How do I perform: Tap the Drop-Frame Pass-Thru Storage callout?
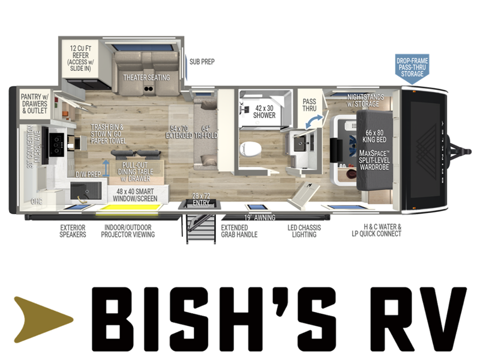tap(412, 69)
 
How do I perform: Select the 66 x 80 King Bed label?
tap(374, 136)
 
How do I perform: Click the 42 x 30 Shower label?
tap(264, 112)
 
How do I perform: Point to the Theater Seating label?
tap(146, 77)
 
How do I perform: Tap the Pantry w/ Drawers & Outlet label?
tap(35, 103)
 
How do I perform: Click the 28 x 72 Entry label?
tap(201, 199)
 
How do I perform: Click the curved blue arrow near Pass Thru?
tap(314, 122)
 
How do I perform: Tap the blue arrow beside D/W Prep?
tap(106, 168)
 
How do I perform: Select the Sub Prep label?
tap(202, 62)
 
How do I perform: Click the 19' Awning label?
tap(260, 217)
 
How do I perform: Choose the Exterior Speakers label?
tap(73, 231)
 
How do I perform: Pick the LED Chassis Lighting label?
tap(304, 231)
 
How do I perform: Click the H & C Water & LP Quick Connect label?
tap(377, 230)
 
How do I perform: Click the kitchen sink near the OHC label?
tap(86, 191)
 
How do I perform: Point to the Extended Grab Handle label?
tap(239, 231)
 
